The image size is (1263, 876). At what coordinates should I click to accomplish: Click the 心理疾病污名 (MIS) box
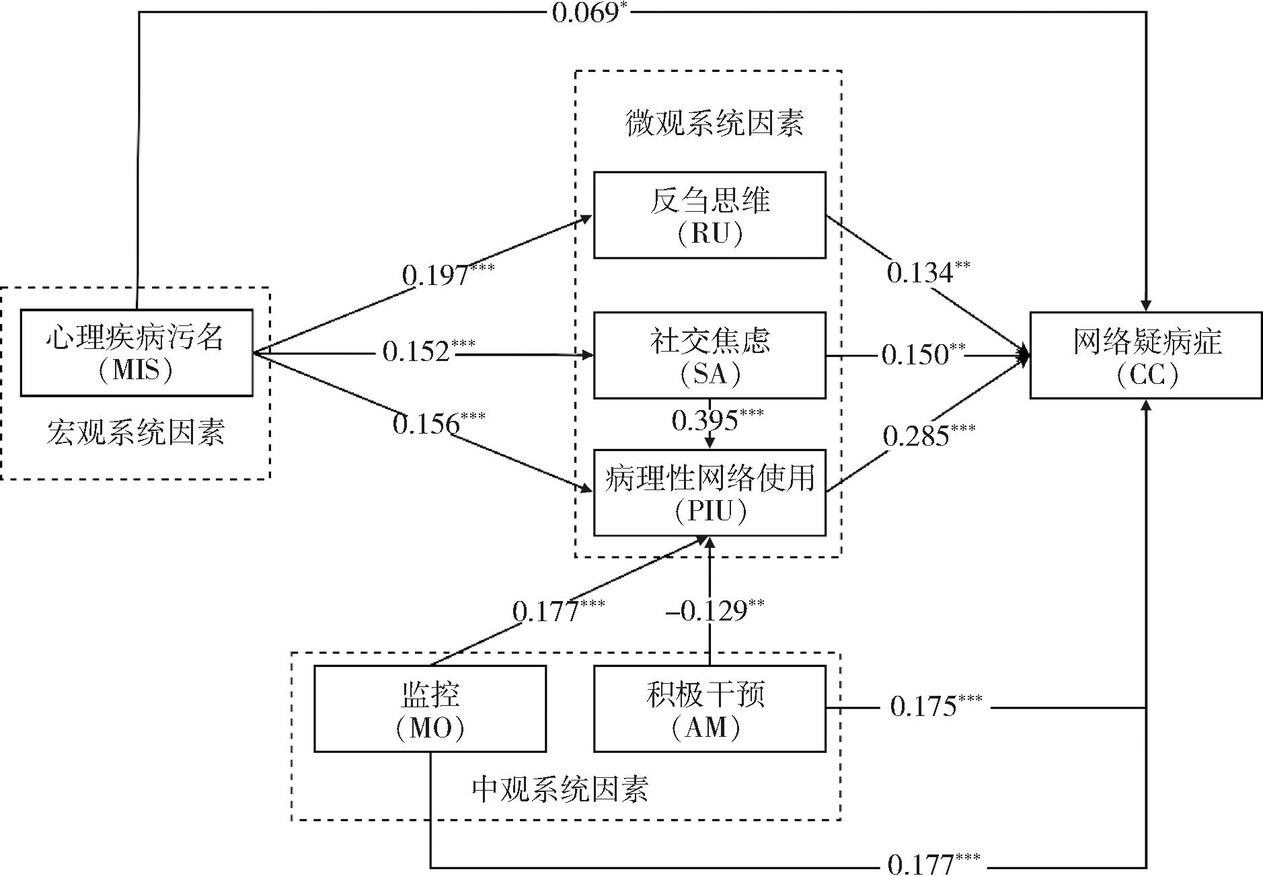click(x=137, y=352)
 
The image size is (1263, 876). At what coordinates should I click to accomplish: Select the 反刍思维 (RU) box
click(x=710, y=214)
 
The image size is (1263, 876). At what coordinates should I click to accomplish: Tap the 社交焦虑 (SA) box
click(x=710, y=355)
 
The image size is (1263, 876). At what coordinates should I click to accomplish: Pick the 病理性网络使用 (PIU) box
click(x=710, y=493)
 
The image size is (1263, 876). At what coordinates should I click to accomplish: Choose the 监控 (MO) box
click(x=430, y=709)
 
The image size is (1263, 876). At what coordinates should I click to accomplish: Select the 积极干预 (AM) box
click(x=710, y=709)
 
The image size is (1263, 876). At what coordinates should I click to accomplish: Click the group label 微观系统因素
click(x=714, y=124)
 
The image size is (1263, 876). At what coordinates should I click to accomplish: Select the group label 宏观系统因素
click(x=136, y=432)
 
